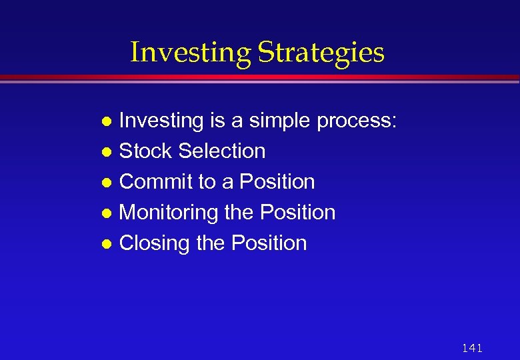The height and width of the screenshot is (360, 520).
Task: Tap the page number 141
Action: [x=471, y=348]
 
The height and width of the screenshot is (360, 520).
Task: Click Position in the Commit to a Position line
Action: [x=277, y=182]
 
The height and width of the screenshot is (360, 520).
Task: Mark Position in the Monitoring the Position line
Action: [x=297, y=213]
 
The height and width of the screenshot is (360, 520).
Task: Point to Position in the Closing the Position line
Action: [x=269, y=243]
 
